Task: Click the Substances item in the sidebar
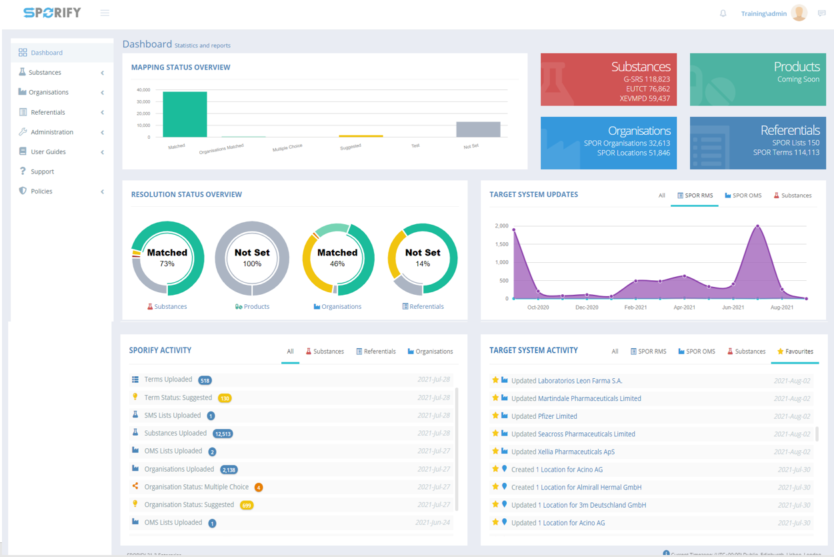click(45, 72)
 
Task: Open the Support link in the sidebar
click(42, 171)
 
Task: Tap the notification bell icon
click(723, 13)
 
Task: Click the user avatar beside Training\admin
click(799, 13)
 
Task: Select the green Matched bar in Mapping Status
click(185, 115)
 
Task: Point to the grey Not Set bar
click(478, 129)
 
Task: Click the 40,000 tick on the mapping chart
click(143, 89)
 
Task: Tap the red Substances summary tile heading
click(641, 67)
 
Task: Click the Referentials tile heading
click(790, 130)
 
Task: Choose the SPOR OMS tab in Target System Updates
click(743, 195)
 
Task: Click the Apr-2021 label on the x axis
click(684, 308)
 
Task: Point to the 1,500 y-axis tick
click(501, 244)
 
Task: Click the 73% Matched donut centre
click(167, 257)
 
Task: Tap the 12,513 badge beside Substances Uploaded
click(223, 434)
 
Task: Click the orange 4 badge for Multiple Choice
click(259, 488)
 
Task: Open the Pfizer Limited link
click(557, 416)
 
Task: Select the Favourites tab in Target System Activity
click(795, 352)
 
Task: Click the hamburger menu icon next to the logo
click(105, 13)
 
